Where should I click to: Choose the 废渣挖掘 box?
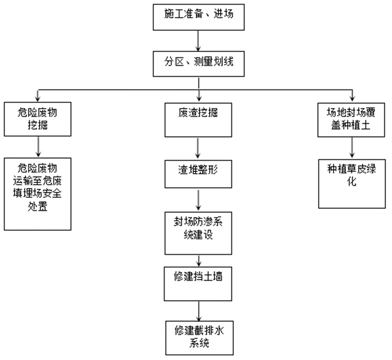coord(198,119)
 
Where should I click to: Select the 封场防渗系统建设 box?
coord(199,231)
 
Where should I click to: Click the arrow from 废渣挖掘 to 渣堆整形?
coord(198,147)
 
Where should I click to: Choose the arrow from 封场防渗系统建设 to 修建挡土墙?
coord(199,260)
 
